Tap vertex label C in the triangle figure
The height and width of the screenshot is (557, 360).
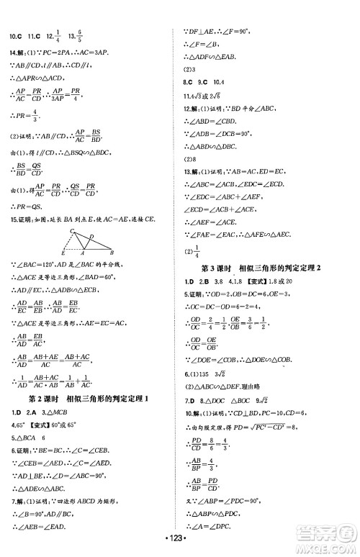point(71,230)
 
